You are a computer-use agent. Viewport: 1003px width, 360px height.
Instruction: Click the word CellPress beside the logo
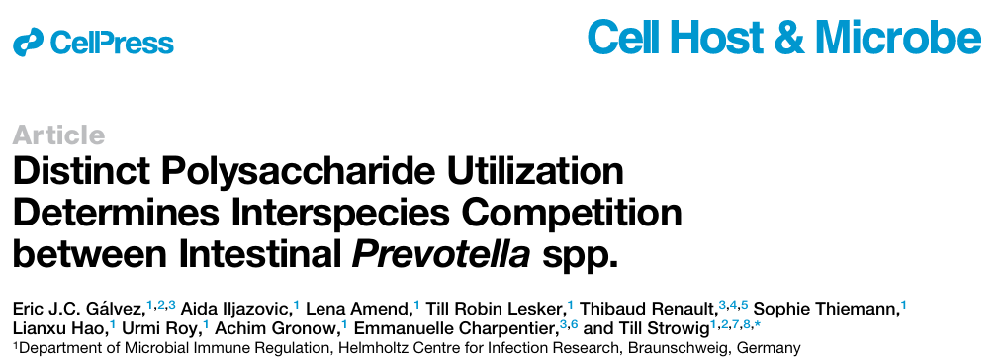click(111, 43)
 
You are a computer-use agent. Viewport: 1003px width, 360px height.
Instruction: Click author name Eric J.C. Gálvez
click(78, 308)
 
